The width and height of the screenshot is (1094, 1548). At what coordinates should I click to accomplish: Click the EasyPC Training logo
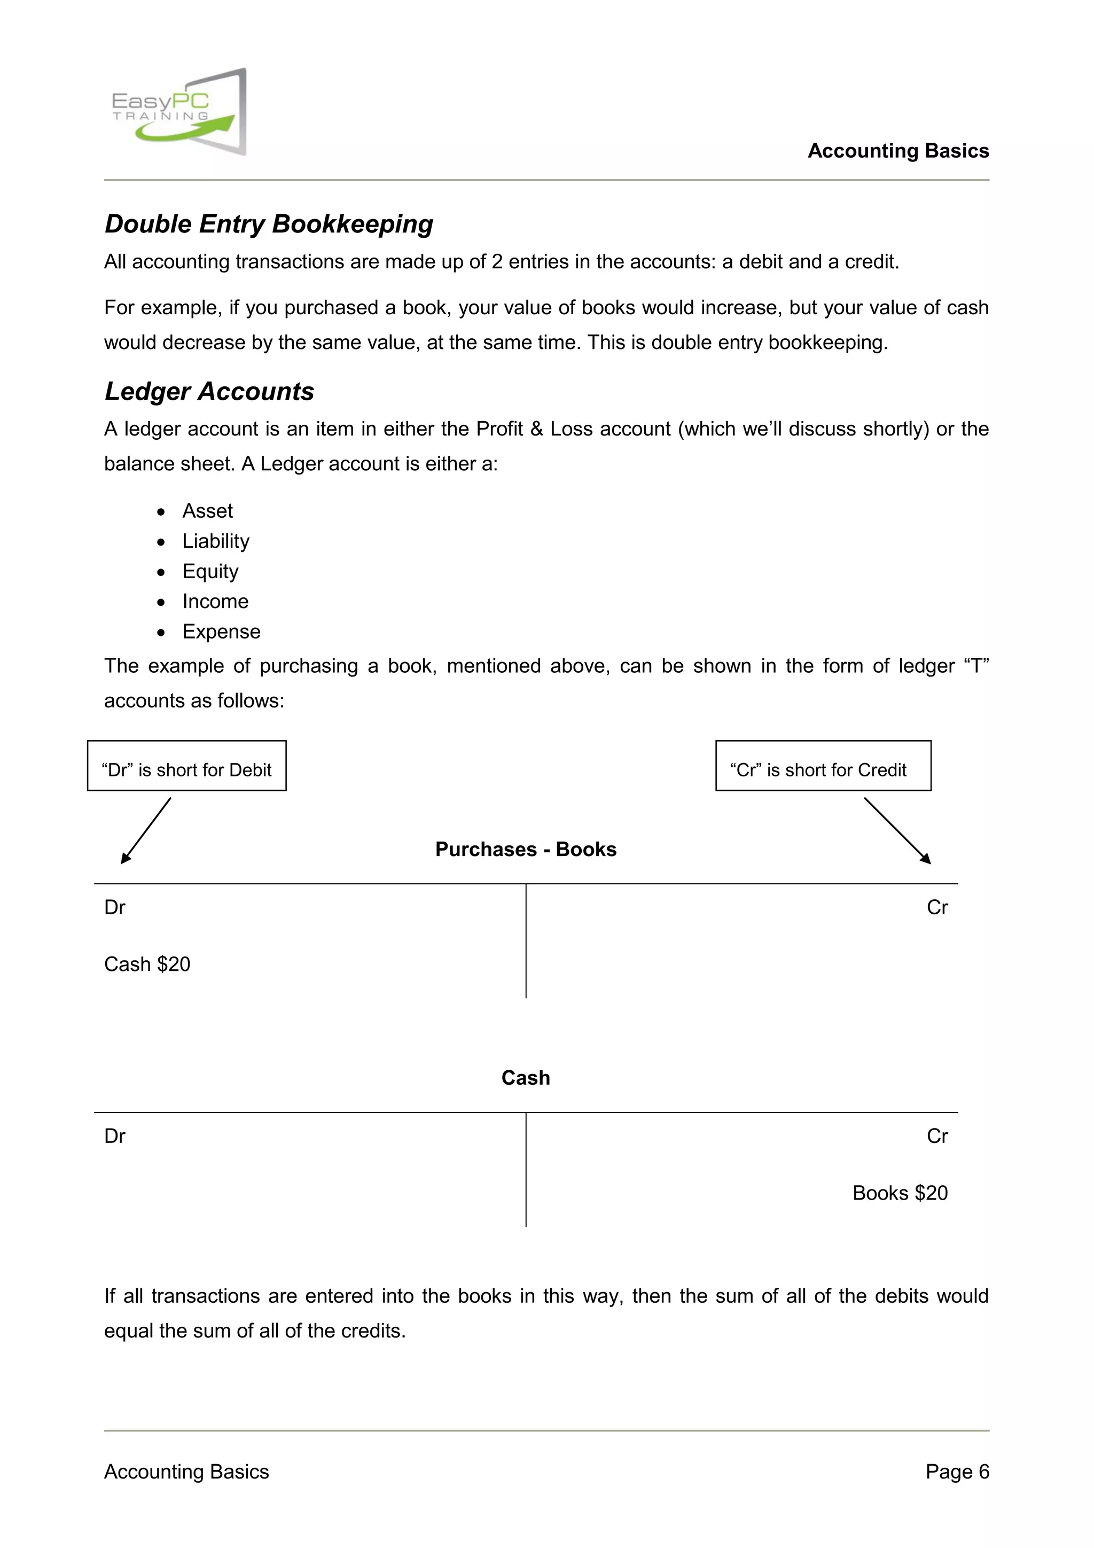click(x=178, y=112)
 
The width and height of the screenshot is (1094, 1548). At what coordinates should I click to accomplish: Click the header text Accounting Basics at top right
click(x=898, y=150)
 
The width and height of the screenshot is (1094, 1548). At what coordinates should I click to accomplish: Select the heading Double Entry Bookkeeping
click(x=268, y=224)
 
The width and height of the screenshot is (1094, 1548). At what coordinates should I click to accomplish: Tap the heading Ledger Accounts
click(x=209, y=391)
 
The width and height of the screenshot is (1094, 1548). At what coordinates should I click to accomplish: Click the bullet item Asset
click(x=207, y=511)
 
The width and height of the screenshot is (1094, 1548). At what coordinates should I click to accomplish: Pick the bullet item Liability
click(x=216, y=541)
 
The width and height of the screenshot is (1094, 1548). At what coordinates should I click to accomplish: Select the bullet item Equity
click(x=210, y=571)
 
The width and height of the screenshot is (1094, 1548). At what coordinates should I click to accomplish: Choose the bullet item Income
click(x=215, y=601)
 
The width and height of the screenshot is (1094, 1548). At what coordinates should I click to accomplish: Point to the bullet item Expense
click(x=221, y=632)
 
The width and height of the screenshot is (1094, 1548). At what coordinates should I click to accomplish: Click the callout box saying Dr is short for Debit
click(x=187, y=766)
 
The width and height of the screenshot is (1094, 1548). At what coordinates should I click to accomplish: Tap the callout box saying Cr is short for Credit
click(x=823, y=766)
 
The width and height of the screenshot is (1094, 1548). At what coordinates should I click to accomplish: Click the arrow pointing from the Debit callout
click(x=146, y=830)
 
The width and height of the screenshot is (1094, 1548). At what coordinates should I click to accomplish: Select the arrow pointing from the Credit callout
click(x=897, y=830)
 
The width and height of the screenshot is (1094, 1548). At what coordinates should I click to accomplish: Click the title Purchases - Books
click(x=526, y=849)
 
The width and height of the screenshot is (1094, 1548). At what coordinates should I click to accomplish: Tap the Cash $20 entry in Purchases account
click(x=147, y=964)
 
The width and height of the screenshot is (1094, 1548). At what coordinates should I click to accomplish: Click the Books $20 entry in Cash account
click(x=900, y=1193)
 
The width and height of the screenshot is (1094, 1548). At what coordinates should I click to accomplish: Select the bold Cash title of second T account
click(x=526, y=1077)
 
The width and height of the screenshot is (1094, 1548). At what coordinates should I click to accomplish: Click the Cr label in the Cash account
click(x=937, y=1136)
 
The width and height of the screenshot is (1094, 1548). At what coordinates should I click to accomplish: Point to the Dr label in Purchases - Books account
click(x=115, y=907)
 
